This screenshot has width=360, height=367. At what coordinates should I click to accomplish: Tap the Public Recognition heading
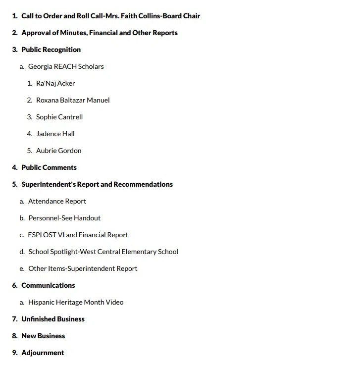click(x=51, y=50)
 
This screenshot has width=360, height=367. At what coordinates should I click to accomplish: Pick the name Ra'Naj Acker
click(x=55, y=83)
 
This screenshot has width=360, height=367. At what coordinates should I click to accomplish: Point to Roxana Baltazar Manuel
click(x=73, y=100)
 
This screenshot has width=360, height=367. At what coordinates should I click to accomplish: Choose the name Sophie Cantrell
click(x=59, y=117)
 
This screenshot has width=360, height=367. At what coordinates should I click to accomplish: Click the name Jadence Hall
click(x=55, y=134)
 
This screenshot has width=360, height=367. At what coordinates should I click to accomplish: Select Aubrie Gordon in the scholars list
click(x=58, y=151)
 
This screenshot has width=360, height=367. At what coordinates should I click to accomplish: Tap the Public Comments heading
click(x=49, y=167)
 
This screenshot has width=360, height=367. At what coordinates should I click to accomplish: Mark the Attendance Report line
click(x=57, y=201)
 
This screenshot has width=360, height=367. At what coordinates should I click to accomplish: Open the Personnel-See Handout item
click(x=64, y=218)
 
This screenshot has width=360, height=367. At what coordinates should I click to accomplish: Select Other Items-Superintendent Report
click(x=83, y=268)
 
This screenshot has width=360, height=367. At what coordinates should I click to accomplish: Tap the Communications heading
click(x=48, y=285)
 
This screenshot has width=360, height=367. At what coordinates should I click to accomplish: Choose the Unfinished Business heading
click(x=52, y=319)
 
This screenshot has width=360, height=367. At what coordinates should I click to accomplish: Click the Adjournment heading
click(x=43, y=353)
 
